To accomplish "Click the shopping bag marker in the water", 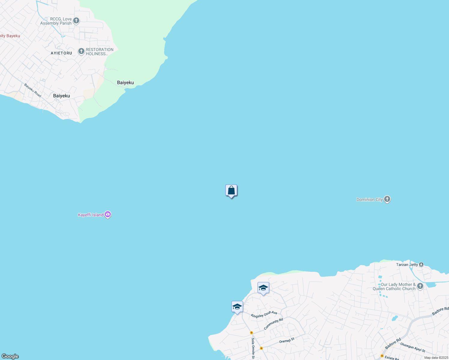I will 231,190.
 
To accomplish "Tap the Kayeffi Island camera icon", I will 108,215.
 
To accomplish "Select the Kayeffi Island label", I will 91,215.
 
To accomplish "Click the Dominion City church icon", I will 387,199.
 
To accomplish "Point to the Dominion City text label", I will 369,199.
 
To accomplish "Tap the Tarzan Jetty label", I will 407,265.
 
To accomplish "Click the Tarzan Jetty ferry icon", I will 421,265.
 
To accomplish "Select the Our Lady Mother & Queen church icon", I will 420,286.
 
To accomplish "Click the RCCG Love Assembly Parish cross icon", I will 76,21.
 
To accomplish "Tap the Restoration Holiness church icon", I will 81,51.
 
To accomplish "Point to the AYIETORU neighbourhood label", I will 62,53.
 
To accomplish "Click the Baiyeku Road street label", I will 33,90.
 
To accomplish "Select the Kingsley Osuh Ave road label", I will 264,314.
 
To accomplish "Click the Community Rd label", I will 273,324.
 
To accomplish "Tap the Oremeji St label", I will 287,340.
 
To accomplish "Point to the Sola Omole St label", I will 253,348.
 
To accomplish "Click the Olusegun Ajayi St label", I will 413,347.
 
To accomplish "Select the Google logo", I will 10,356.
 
